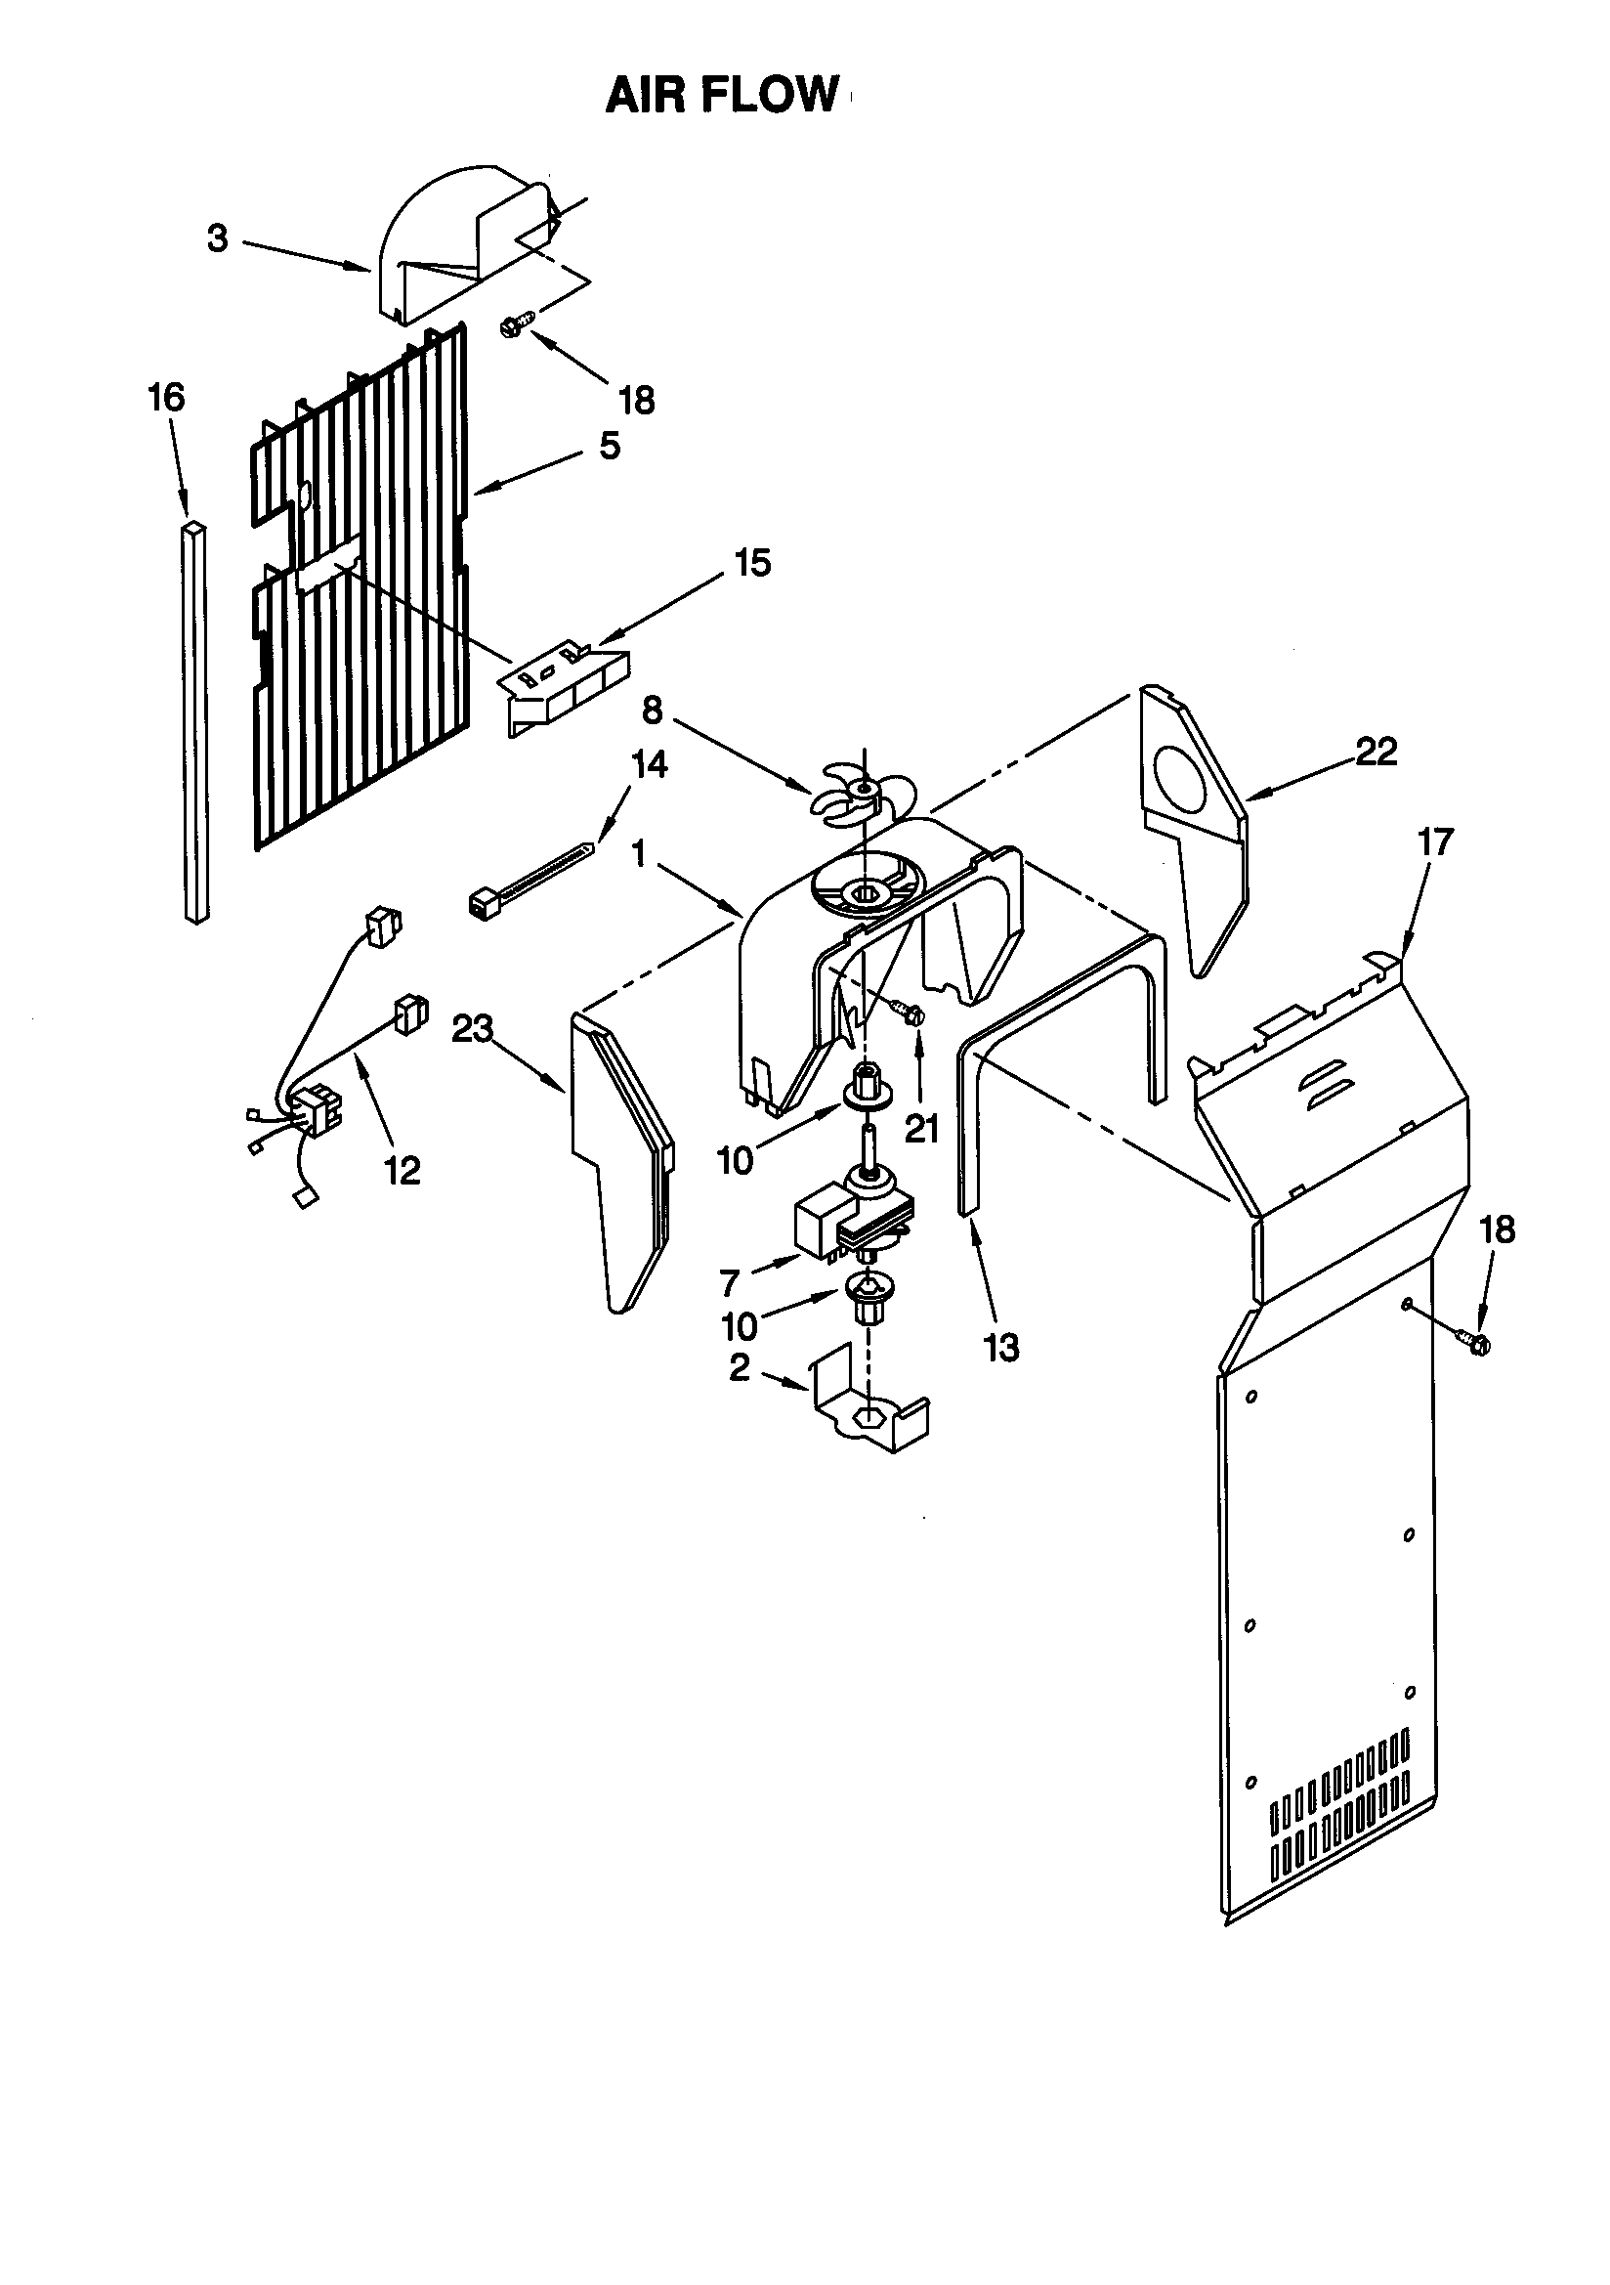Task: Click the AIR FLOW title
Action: click(723, 96)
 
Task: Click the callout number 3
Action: click(217, 238)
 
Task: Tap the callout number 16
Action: click(166, 398)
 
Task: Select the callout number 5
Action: click(609, 445)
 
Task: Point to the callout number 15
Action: click(752, 563)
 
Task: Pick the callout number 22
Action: click(1377, 752)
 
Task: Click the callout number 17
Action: click(1435, 841)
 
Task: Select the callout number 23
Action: click(473, 1030)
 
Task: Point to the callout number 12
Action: click(402, 1171)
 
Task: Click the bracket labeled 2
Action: click(870, 1413)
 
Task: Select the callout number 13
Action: click(1001, 1348)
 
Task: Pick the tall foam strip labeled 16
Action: click(196, 721)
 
